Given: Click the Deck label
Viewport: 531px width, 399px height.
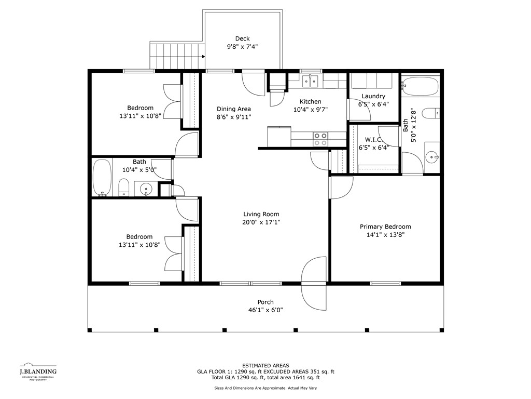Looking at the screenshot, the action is click(243, 38).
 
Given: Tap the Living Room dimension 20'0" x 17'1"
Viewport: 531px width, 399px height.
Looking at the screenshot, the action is click(261, 222).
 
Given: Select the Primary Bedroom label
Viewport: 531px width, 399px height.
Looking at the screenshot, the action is click(385, 227).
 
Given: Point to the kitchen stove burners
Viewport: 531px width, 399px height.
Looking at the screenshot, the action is click(320, 139).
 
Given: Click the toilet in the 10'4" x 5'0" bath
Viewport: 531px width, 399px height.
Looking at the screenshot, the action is click(124, 188).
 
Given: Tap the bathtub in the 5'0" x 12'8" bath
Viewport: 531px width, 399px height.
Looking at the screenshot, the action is click(420, 87).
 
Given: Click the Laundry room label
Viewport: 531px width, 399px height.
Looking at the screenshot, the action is click(373, 96).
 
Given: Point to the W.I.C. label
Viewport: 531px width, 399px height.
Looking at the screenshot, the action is click(374, 140).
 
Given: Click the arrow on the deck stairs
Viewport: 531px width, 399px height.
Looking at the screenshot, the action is click(203, 57).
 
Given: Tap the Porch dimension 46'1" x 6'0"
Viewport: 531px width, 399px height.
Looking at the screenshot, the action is click(265, 310).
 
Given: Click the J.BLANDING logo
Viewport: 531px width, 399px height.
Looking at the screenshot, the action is click(38, 371).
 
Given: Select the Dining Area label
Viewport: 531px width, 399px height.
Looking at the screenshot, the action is click(234, 109).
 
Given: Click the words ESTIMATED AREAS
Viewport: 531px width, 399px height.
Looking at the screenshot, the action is click(265, 365).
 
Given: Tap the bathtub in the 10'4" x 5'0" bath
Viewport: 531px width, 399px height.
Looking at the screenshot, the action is click(102, 178).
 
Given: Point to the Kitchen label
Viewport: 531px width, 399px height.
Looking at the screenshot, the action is click(311, 101).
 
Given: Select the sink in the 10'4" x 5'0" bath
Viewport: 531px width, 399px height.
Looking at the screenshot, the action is click(146, 188).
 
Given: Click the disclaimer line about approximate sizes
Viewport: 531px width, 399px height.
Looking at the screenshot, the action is click(265, 388).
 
